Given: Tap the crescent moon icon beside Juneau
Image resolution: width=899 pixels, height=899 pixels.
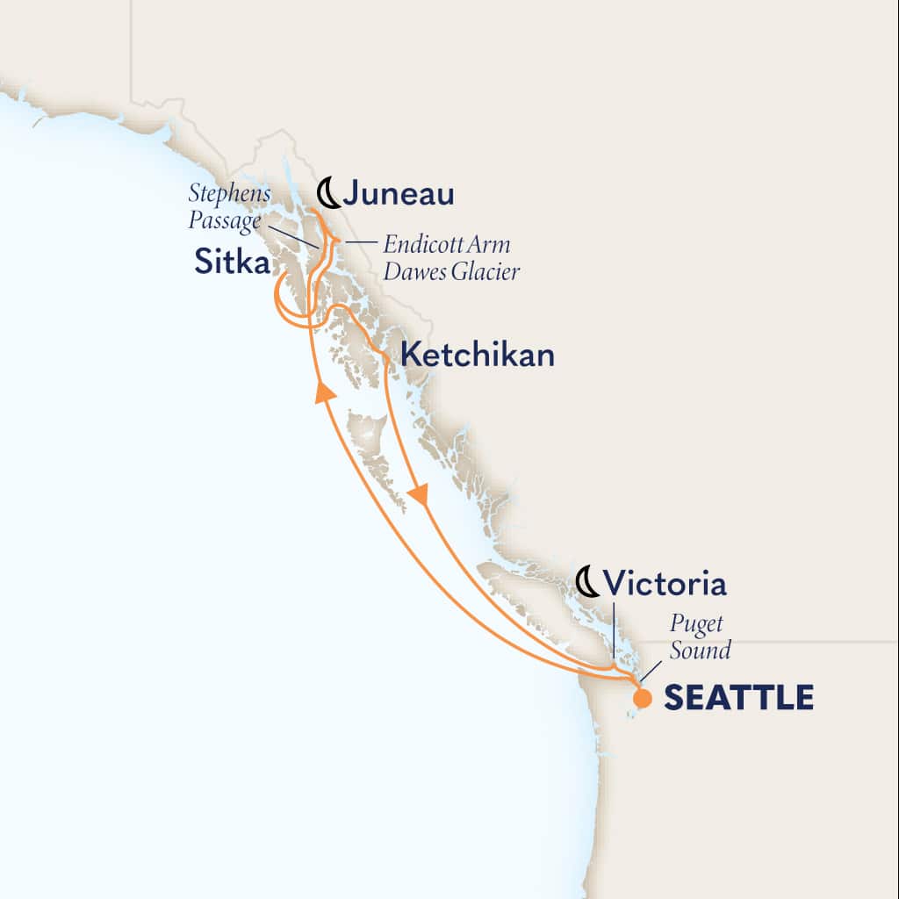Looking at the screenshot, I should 327,192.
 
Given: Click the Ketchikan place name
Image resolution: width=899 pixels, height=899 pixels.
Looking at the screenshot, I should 477,355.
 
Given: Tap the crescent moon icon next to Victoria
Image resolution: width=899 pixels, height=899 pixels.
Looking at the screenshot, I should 587,581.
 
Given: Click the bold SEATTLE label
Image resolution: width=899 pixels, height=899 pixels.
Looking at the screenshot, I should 737,698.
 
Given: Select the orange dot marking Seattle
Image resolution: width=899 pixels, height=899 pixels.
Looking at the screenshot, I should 643,699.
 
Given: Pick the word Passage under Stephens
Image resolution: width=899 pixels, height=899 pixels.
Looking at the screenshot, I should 225,220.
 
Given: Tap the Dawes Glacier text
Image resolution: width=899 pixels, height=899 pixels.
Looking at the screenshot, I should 451,272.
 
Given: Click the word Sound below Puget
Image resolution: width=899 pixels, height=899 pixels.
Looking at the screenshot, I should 700,651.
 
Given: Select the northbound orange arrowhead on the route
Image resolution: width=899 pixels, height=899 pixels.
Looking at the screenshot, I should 326,392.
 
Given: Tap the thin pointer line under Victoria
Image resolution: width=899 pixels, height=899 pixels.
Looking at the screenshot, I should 613,633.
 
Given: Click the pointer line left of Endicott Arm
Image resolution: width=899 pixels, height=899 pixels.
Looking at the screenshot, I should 355,241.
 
